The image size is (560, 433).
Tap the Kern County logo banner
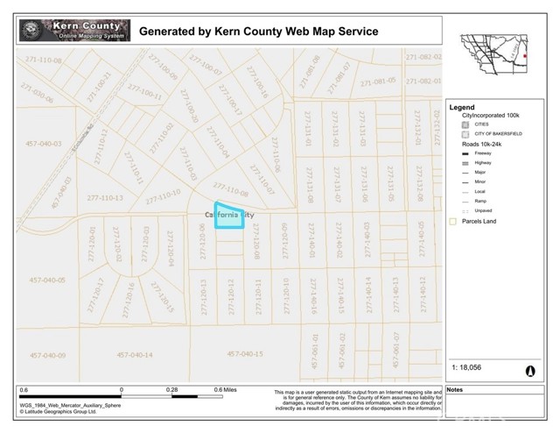point(75,31)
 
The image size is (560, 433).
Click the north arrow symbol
point(529,371)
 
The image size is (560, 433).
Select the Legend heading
point(462,107)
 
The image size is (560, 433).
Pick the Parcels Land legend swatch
point(452,222)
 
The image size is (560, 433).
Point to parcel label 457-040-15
point(245,354)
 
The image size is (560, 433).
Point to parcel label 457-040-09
point(47,354)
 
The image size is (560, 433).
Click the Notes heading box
point(455,388)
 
